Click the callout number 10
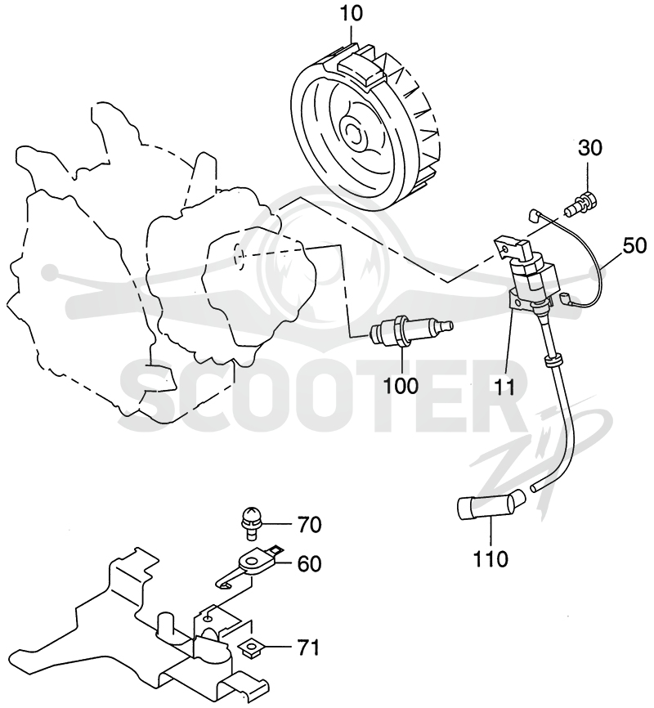pos(352,14)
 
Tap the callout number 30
pos(590,148)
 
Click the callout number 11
pos(504,387)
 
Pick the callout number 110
pos(490,559)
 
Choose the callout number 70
pos(309,525)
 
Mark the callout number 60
pos(309,563)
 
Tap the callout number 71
pos(308,648)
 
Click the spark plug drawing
pos(410,333)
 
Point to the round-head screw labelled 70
pos(250,522)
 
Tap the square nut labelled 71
pos(250,649)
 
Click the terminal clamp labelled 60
pos(249,565)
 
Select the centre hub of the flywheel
pos(354,132)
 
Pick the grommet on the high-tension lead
pos(553,361)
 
